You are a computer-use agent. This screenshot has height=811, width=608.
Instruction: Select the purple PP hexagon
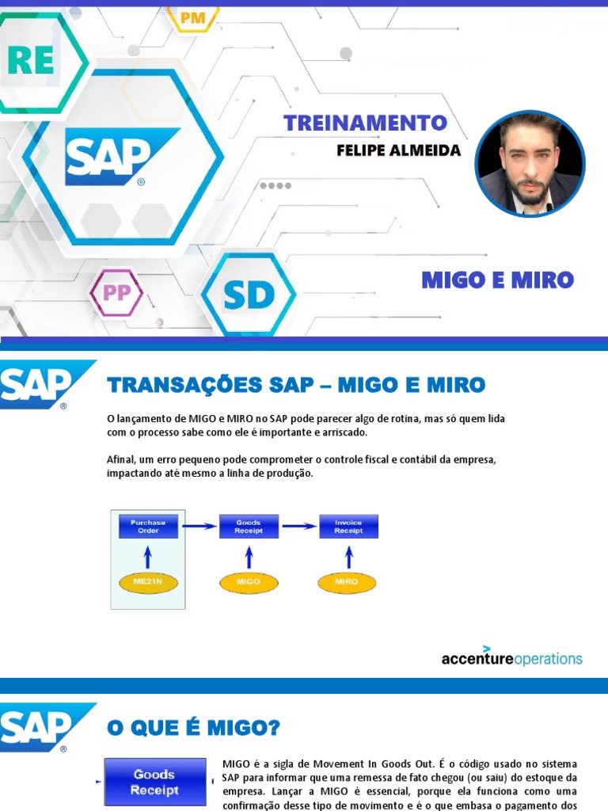[117, 293]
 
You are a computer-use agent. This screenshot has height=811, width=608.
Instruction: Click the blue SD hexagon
[248, 295]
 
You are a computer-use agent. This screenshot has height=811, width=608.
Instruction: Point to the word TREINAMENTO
[365, 123]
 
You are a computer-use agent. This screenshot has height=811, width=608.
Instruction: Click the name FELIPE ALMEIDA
[398, 150]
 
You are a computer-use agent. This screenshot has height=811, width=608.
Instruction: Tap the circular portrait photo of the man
[530, 164]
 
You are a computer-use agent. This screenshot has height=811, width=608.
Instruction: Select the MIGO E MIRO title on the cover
[497, 280]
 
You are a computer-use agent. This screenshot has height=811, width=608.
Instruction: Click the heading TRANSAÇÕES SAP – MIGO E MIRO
[295, 385]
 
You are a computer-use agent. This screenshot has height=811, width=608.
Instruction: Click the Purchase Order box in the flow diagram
[148, 527]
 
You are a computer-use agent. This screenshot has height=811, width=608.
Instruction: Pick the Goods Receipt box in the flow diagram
[249, 527]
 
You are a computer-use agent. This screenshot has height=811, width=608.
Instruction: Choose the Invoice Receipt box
[348, 527]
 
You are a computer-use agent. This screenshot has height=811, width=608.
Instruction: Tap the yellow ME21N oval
[148, 581]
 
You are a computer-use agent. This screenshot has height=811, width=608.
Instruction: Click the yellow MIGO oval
[248, 581]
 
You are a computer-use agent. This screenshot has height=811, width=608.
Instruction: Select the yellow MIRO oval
[347, 581]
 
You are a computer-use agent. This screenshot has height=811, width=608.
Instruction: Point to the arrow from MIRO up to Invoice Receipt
[348, 555]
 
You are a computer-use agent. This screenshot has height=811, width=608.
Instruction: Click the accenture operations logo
[511, 657]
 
